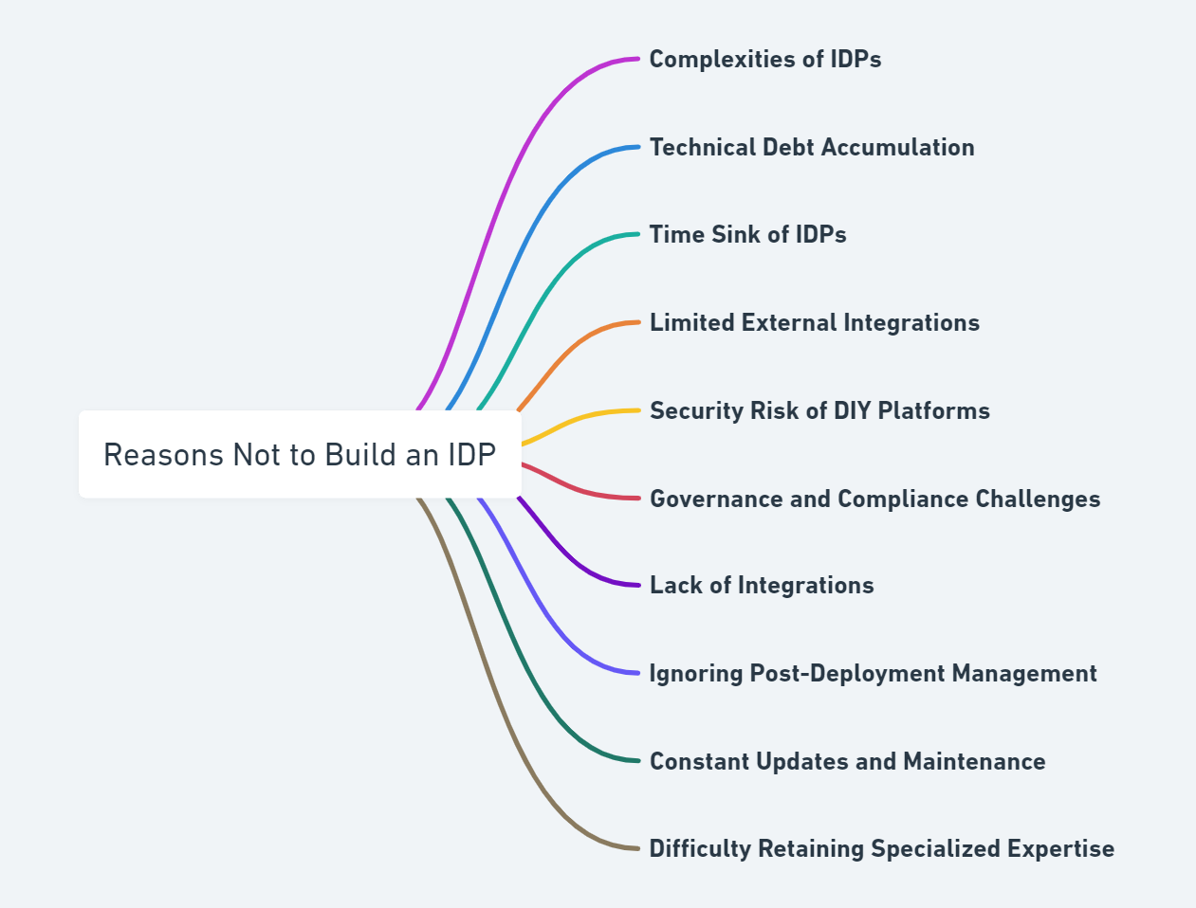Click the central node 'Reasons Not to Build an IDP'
(300, 455)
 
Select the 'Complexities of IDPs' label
(764, 59)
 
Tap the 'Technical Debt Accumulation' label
(811, 147)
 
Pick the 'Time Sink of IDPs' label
(747, 234)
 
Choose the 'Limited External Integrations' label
(814, 322)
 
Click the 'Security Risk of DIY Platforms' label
(819, 410)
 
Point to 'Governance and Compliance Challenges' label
(874, 499)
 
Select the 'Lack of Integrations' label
(761, 585)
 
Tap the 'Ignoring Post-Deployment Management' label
(873, 673)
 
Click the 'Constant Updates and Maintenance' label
(847, 761)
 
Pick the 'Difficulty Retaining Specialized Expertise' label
(881, 848)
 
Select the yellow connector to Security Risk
(579, 417)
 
